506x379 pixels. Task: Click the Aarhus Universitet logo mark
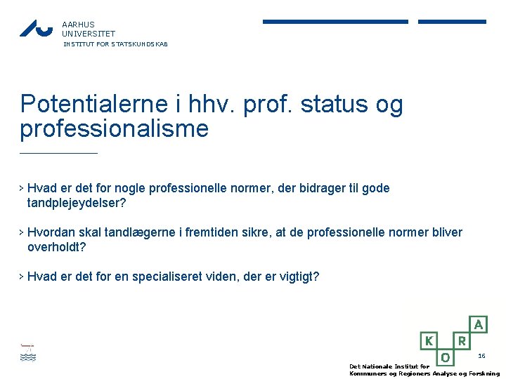click(36, 28)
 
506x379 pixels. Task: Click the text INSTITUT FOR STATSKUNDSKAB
click(116, 44)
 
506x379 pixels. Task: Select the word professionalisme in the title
click(115, 129)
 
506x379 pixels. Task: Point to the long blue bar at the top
click(335, 22)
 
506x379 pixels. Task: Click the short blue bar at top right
click(452, 22)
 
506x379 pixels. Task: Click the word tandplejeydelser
click(76, 204)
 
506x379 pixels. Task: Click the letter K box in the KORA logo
click(428, 340)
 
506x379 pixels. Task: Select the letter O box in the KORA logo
click(445, 357)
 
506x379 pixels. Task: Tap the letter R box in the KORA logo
click(462, 340)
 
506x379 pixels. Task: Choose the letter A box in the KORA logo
click(479, 324)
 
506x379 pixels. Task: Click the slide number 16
click(481, 357)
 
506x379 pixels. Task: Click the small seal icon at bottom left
click(27, 352)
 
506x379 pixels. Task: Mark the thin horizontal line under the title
click(58, 153)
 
